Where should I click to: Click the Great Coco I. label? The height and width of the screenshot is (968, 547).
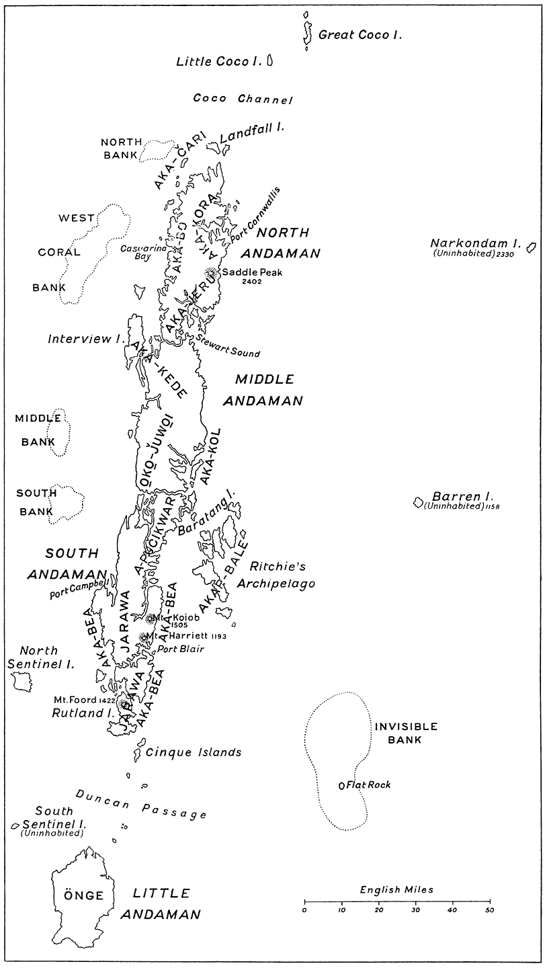[x=360, y=35]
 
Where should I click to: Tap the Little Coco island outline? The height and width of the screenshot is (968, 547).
[x=269, y=61]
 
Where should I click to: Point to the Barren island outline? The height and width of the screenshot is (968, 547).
[x=418, y=502]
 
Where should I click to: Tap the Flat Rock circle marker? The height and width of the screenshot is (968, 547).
[x=341, y=785]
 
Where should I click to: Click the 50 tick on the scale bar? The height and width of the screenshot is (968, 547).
[x=490, y=901]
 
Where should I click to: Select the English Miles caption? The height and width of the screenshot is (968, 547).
[x=396, y=889]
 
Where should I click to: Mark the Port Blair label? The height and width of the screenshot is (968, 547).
[x=181, y=649]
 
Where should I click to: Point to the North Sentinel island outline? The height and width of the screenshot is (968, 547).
[x=22, y=680]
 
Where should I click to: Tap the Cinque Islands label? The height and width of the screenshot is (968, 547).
[x=194, y=752]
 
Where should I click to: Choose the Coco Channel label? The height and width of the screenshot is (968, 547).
[x=243, y=99]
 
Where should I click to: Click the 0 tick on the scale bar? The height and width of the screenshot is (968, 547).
[x=304, y=901]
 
